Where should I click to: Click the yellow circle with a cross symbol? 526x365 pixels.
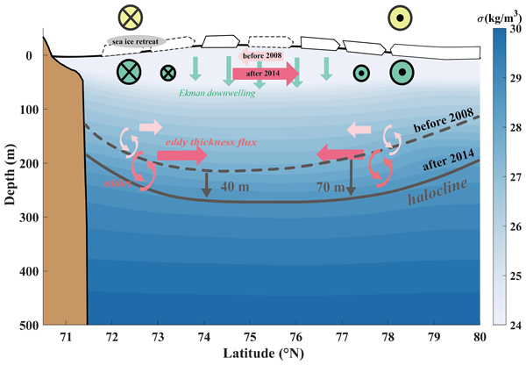131,17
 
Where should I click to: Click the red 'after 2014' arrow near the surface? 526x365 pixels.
266,74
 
